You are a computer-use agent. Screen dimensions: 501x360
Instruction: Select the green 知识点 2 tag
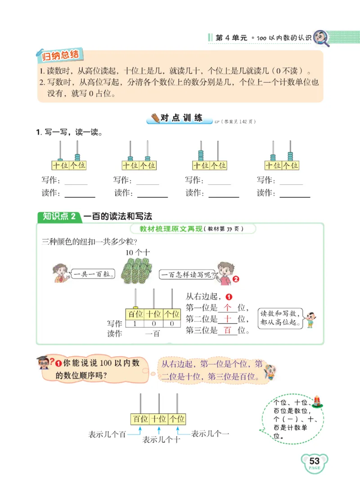[58, 216]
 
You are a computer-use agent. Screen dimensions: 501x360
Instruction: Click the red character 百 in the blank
[227, 331]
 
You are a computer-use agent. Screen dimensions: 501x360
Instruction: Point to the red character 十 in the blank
[227, 319]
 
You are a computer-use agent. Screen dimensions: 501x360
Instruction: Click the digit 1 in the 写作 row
[135, 323]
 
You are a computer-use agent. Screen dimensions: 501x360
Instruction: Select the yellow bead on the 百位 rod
[135, 308]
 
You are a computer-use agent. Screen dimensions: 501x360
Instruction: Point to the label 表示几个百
[107, 435]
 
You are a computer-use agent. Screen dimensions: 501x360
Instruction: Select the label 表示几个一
[210, 434]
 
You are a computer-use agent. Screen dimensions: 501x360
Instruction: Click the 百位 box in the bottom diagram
[140, 419]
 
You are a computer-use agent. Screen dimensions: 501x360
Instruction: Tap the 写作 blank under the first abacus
[76, 181]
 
